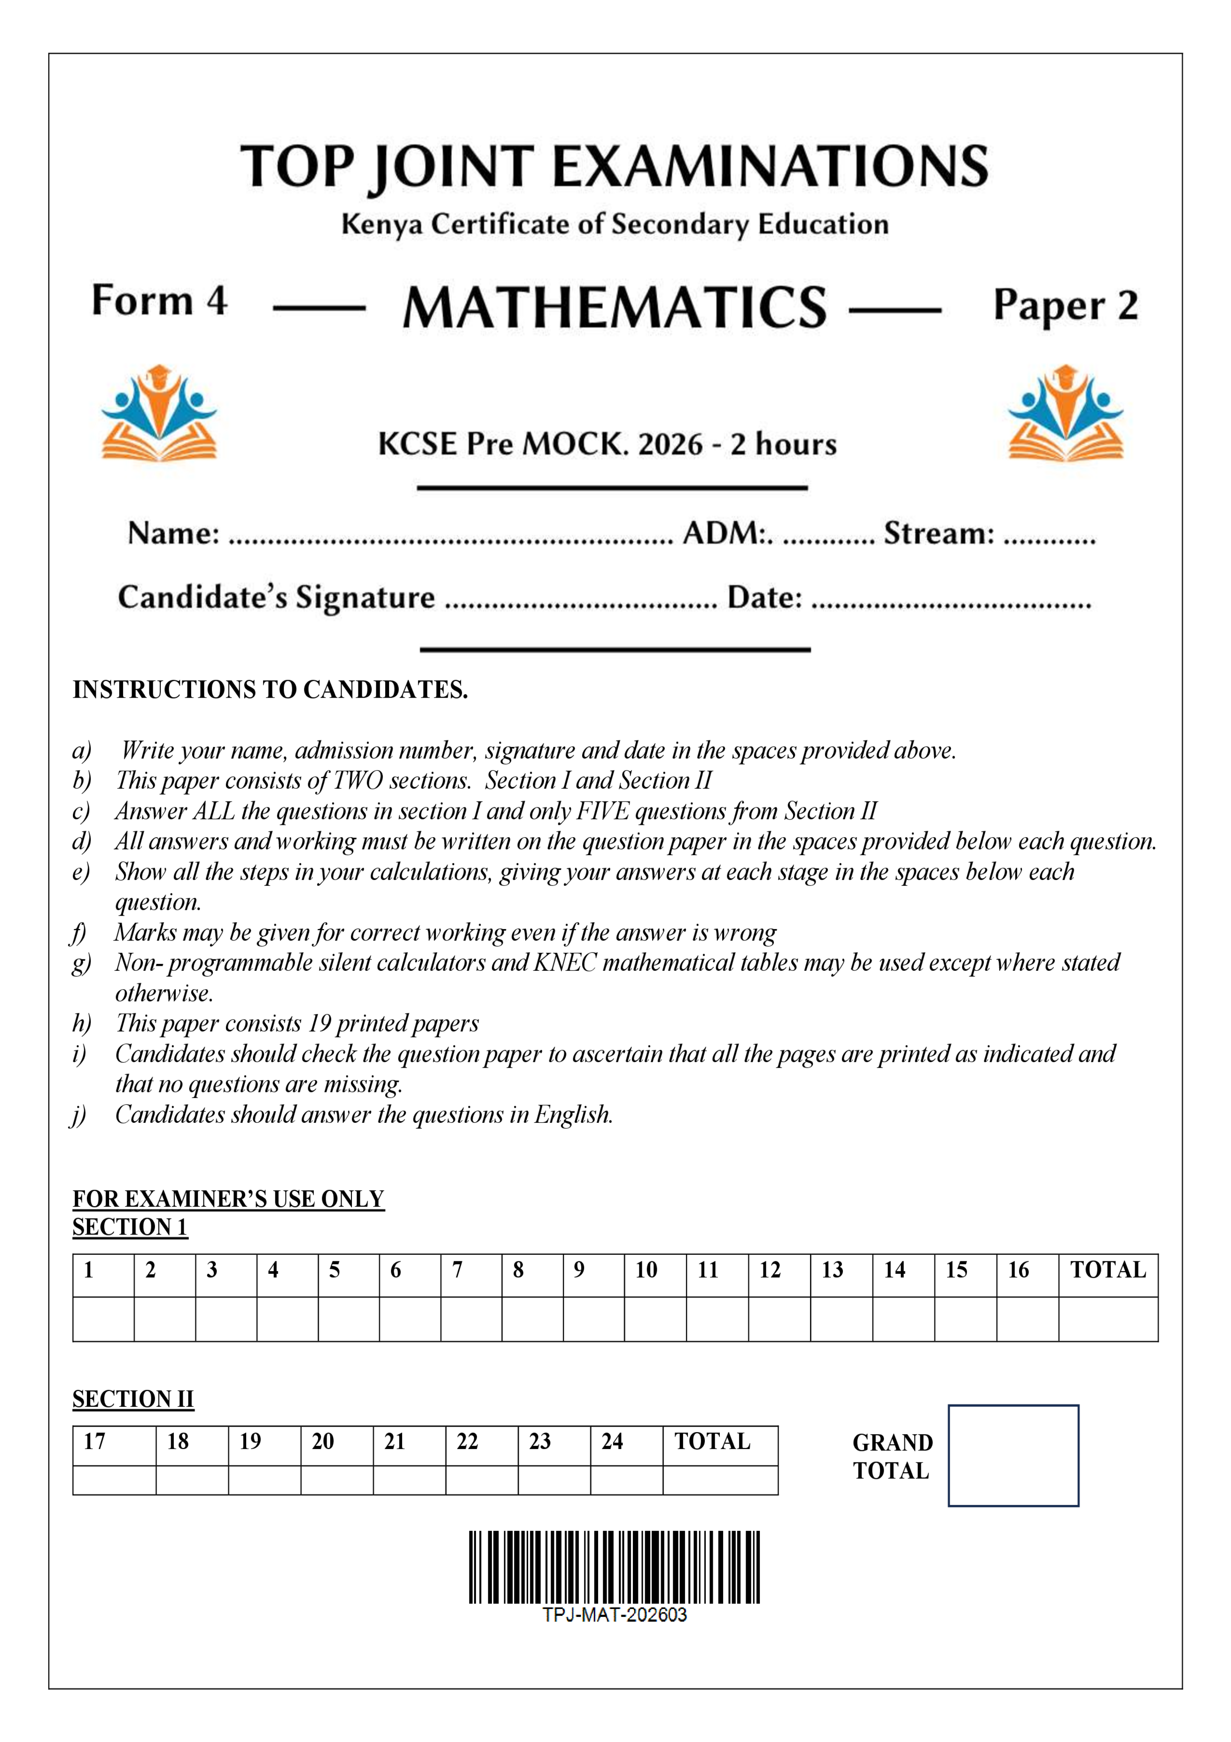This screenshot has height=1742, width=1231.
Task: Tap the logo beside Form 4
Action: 159,414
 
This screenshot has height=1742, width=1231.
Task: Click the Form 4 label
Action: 159,300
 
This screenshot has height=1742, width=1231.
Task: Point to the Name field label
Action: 173,533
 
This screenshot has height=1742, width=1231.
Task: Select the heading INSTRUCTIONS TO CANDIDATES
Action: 270,690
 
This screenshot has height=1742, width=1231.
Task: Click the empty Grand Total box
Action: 1013,1455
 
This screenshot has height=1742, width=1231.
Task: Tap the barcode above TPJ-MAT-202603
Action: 615,1567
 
